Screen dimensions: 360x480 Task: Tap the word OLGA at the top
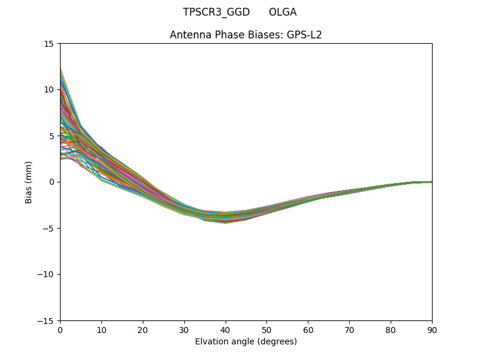283,12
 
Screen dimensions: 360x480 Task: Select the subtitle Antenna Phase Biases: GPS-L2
246,35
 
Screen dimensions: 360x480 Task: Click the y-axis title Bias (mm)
29,182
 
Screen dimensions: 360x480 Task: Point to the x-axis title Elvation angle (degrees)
246,341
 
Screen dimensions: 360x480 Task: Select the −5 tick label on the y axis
49,228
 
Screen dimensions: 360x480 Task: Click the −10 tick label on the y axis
46,274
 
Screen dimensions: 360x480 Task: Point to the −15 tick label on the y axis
46,320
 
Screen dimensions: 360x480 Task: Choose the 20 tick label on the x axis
143,330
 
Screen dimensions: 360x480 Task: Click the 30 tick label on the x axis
184,330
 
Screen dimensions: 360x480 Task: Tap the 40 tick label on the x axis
226,330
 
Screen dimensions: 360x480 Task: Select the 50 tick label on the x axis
266,330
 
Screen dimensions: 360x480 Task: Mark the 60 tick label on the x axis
308,330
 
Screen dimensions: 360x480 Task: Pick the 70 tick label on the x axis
349,330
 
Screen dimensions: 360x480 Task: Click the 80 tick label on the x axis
391,330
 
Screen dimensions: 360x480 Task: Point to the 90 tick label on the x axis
432,330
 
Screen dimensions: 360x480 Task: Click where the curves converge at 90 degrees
431,182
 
